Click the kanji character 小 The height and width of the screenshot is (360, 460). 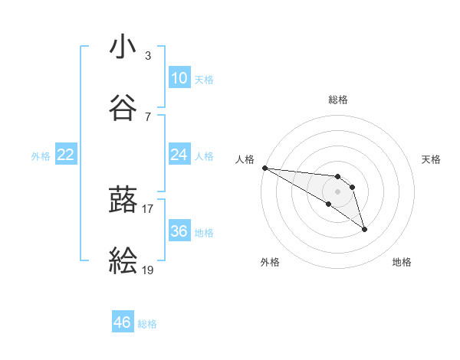123,47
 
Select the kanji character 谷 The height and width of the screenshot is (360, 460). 123,108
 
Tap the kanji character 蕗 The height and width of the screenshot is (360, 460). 123,199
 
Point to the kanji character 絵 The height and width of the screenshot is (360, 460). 123,261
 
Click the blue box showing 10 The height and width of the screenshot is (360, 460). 179,78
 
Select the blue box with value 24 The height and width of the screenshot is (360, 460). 179,155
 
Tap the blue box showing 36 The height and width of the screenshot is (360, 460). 179,231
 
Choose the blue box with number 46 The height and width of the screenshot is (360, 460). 123,322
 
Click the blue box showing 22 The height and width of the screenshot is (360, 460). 66,155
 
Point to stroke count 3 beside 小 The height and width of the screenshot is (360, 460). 148,56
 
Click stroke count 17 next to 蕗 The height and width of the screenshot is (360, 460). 148,208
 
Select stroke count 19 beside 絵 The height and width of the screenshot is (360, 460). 148,269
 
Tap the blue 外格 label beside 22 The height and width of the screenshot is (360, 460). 41,156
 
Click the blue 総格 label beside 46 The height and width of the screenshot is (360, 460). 147,324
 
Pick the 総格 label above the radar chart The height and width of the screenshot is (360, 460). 338,100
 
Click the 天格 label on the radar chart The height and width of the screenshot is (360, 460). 432,159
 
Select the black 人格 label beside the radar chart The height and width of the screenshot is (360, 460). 244,159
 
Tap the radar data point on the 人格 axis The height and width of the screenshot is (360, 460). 264,168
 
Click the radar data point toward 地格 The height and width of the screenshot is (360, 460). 364,229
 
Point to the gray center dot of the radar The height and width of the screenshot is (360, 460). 337,191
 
